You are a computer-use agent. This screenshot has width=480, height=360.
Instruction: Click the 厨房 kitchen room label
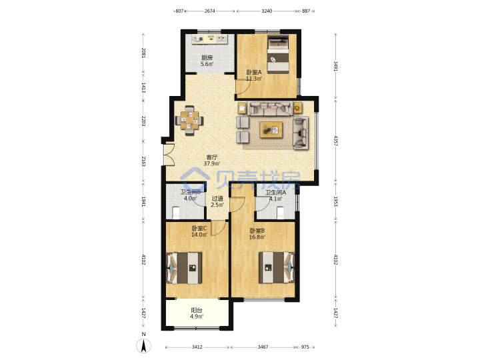click(x=207, y=57)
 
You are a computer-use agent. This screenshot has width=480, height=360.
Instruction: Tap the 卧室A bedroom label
click(x=254, y=73)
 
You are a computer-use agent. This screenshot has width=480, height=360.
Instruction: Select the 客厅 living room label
click(x=212, y=157)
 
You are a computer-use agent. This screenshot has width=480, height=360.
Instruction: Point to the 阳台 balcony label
click(x=197, y=310)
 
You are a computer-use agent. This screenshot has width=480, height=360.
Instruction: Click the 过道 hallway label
click(x=217, y=199)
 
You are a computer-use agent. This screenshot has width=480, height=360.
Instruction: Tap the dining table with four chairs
click(x=189, y=121)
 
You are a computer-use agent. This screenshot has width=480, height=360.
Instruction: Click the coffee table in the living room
click(x=271, y=130)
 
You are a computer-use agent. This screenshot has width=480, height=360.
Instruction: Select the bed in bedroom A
click(x=278, y=54)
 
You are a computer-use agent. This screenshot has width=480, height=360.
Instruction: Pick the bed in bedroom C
click(x=184, y=268)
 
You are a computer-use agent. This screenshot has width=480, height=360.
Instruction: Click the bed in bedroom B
click(x=277, y=267)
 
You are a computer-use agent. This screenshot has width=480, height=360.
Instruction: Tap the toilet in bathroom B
click(x=176, y=213)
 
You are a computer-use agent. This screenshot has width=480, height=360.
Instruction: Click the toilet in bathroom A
click(x=281, y=213)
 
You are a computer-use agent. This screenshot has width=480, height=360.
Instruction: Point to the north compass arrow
click(x=143, y=345)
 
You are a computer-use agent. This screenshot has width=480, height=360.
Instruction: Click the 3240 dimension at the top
click(x=267, y=11)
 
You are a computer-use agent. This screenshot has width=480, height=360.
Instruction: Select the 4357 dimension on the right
click(x=336, y=141)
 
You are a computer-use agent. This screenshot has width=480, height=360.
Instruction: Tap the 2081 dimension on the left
click(x=143, y=53)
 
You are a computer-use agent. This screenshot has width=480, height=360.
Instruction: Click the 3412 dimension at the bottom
click(x=197, y=347)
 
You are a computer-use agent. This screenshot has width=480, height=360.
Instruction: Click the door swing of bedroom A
click(x=242, y=87)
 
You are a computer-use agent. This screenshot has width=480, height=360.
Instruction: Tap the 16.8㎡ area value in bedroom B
click(x=257, y=237)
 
